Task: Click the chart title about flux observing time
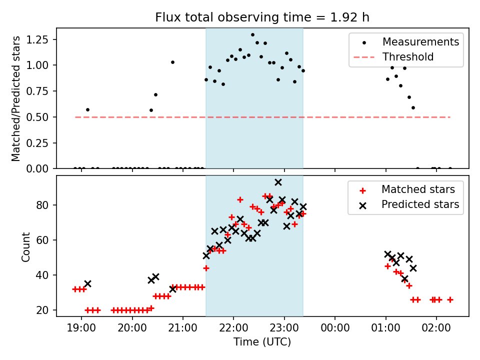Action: [x=262, y=18]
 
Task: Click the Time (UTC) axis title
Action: [x=262, y=342]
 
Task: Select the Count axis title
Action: [x=25, y=246]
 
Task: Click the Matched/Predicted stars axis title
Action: [x=16, y=98]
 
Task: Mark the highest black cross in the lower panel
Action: [x=278, y=182]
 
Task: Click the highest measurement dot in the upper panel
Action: [x=252, y=35]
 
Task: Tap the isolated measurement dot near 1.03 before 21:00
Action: [x=172, y=62]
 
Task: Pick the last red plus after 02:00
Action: [x=450, y=299]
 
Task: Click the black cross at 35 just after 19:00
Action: [x=87, y=283]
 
